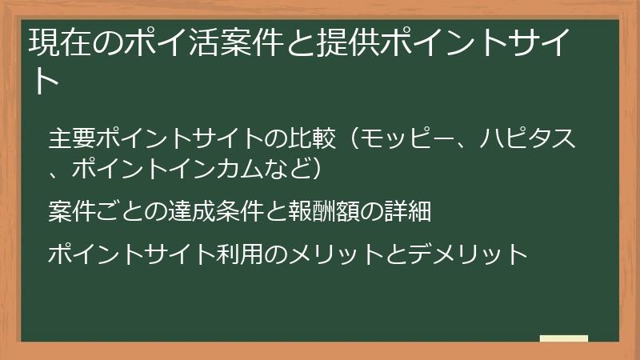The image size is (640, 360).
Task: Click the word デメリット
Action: (x=468, y=254)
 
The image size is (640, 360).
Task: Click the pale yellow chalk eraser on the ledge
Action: (x=564, y=338)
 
